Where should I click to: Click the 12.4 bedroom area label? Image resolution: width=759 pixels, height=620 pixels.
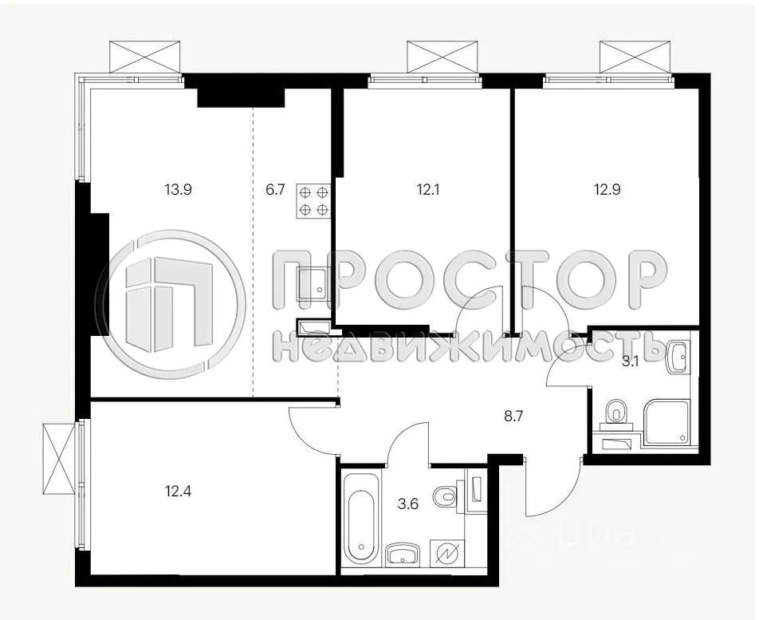coord(179,490)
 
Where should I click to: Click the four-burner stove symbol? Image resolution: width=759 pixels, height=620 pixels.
coord(313,201)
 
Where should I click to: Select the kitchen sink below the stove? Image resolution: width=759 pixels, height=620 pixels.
coord(313,283)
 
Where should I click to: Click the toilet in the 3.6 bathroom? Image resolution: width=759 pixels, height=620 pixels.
coord(446,497)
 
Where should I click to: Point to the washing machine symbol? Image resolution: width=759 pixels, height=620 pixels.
coord(444,553)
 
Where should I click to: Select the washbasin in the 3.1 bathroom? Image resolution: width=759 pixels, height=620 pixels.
coord(678,356)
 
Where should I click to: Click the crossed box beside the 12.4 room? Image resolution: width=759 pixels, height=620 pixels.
coord(58,460)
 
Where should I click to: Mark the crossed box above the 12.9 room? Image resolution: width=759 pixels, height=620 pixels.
coord(636,57)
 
